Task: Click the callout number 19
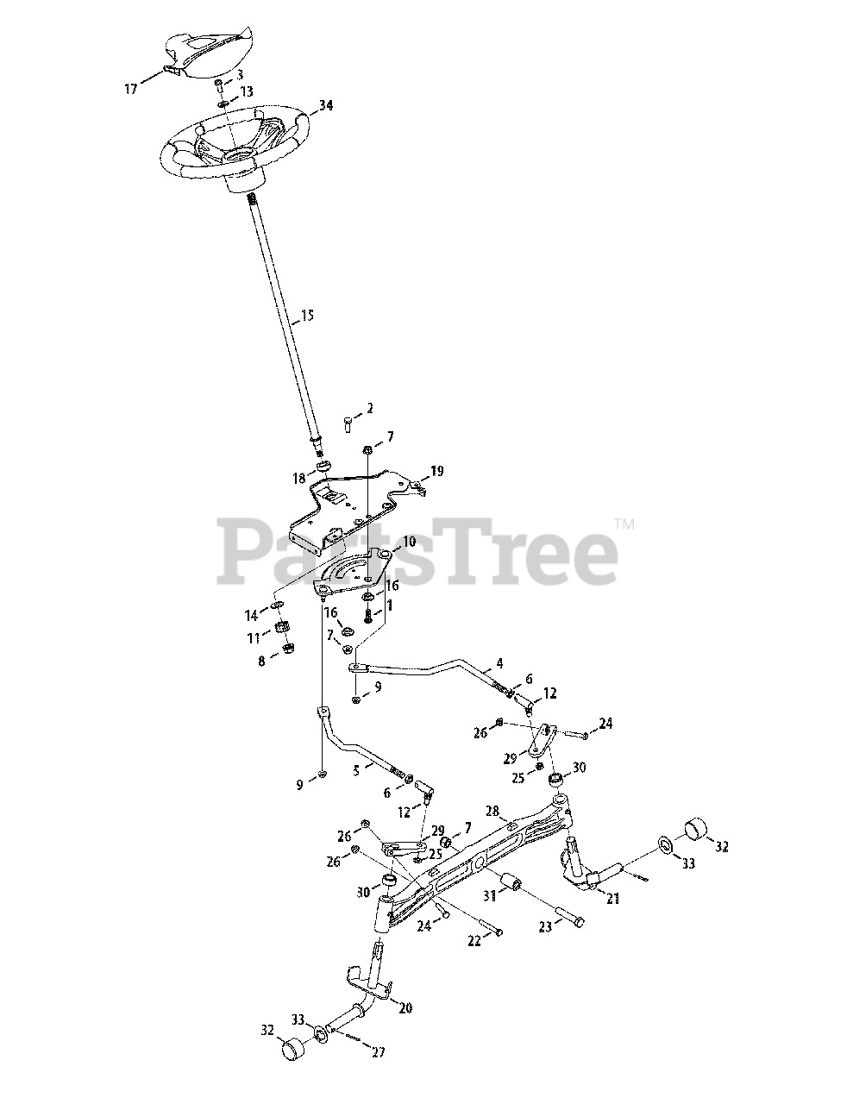(437, 471)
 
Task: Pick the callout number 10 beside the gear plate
(409, 542)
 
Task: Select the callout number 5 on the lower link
(355, 771)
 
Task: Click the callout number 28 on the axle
(492, 812)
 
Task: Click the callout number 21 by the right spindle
(612, 899)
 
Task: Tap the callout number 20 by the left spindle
(406, 1007)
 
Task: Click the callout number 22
(475, 941)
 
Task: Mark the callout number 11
(254, 638)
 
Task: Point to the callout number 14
(251, 615)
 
